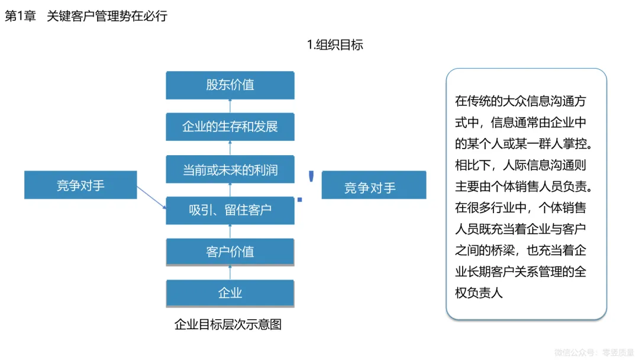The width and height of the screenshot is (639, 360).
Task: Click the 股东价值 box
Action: pyautogui.click(x=230, y=85)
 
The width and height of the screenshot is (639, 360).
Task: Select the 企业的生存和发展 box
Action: pyautogui.click(x=230, y=127)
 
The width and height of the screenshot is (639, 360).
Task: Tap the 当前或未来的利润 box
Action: pyautogui.click(x=230, y=171)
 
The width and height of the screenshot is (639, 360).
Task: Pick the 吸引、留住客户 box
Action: pyautogui.click(x=230, y=210)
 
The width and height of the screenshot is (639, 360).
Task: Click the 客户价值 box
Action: pyautogui.click(x=230, y=252)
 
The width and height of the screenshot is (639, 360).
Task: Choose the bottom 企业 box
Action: pyautogui.click(x=230, y=293)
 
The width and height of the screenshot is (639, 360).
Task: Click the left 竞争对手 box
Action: pyautogui.click(x=80, y=185)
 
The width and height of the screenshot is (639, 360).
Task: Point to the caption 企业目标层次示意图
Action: pyautogui.click(x=228, y=325)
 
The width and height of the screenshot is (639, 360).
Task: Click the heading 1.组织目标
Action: pyautogui.click(x=335, y=44)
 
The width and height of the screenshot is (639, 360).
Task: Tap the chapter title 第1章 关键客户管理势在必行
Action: pyautogui.click(x=86, y=16)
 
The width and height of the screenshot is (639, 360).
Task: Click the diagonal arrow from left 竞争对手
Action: pyautogui.click(x=151, y=197)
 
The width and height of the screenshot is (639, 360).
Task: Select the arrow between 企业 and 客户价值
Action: pyautogui.click(x=230, y=272)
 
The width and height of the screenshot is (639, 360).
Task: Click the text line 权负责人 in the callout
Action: pyautogui.click(x=479, y=293)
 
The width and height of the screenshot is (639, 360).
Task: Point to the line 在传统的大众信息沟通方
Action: pyautogui.click(x=520, y=101)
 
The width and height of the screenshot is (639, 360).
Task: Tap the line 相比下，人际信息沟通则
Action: pyautogui.click(x=520, y=165)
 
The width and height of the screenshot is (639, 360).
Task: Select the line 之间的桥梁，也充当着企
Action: pyautogui.click(x=520, y=250)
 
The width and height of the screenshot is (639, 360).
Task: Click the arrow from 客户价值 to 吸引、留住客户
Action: pyautogui.click(x=230, y=232)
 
